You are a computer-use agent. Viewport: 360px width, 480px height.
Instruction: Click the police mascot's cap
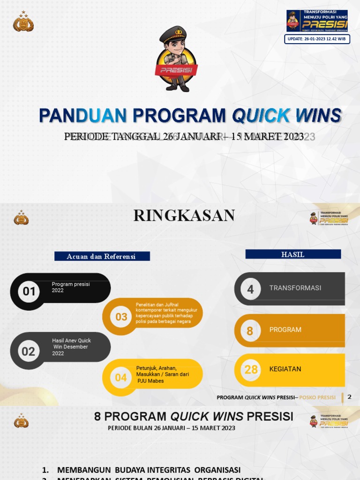pos(173,34)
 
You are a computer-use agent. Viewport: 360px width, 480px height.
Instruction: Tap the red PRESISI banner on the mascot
pos(176,70)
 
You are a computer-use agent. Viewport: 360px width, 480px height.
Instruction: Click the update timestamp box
pos(317,39)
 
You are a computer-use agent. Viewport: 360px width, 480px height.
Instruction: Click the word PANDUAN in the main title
pos(83,116)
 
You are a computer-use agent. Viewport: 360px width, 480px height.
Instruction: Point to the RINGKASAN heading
pos(184,216)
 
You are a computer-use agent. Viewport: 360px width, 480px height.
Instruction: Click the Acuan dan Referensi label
pos(102,256)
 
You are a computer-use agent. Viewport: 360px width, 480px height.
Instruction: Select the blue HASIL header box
pos(293,254)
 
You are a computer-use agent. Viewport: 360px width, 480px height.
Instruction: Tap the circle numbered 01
pos(29,292)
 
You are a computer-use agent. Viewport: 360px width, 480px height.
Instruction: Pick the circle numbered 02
pos(29,351)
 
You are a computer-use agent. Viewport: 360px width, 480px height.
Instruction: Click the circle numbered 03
pos(121,317)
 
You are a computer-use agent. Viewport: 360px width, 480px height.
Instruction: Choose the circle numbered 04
pos(121,377)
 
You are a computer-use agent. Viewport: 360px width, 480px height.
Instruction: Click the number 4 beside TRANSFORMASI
pos(250,289)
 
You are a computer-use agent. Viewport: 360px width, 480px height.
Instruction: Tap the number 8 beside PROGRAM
pos(250,331)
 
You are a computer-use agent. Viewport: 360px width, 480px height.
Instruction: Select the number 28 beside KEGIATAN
pos(251,369)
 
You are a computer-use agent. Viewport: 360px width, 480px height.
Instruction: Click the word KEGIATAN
pos(285,369)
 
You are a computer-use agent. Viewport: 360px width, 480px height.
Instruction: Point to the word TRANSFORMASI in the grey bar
pos(295,288)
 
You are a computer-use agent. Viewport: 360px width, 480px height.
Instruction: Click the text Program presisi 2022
pos(70,287)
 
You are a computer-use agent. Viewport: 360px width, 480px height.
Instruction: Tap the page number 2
pos(349,397)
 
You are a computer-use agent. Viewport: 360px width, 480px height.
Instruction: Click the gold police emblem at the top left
pos(23,22)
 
